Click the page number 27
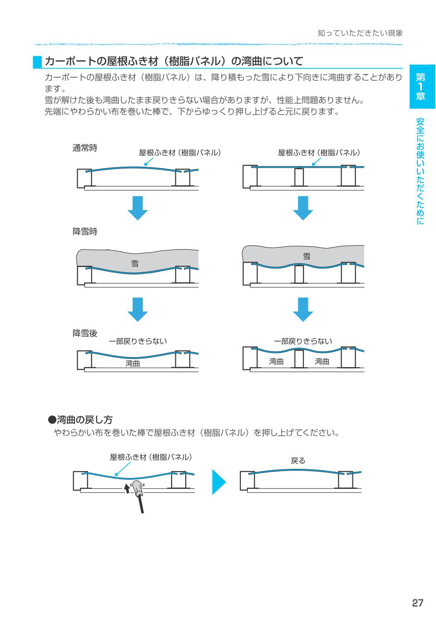[x=417, y=603]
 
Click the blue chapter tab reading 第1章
[x=422, y=86]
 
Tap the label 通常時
[x=85, y=148]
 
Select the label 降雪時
[x=85, y=232]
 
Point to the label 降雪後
[x=85, y=333]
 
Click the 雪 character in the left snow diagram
[x=135, y=264]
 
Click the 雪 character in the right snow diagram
[x=307, y=257]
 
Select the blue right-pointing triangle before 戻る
[x=218, y=482]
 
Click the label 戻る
[x=298, y=461]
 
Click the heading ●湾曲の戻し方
[x=80, y=419]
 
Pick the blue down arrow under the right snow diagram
[x=303, y=310]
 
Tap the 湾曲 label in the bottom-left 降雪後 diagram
[x=133, y=363]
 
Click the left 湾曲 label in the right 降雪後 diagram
[x=276, y=362]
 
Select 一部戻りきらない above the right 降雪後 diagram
[x=303, y=341]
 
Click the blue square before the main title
[x=37, y=62]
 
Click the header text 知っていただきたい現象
[x=360, y=33]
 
